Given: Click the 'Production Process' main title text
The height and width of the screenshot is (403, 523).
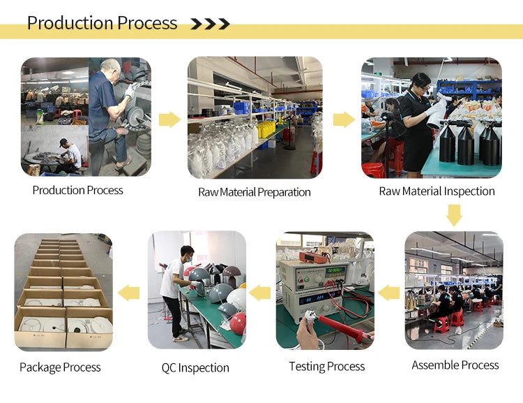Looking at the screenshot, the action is [102, 23].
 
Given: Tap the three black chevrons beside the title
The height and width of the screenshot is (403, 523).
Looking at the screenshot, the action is [210, 24].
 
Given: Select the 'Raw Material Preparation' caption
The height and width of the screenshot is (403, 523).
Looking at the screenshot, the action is [254, 192].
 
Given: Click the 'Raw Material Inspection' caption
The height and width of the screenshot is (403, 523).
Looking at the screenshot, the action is [437, 191].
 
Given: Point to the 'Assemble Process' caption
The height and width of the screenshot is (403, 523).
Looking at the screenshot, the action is [455, 365].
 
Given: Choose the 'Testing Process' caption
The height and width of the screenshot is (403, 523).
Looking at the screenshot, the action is [326, 366].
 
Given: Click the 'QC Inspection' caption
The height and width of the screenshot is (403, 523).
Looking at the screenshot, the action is [195, 367].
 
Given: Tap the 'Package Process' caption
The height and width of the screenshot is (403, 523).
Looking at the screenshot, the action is [60, 367].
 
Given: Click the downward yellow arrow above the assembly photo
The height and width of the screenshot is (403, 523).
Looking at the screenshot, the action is [454, 215].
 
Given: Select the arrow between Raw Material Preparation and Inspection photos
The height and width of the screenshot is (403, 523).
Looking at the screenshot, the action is [344, 120].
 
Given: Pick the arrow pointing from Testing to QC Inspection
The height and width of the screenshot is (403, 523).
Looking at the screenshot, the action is [259, 293].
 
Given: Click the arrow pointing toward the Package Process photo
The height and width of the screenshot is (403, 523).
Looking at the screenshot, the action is [129, 293].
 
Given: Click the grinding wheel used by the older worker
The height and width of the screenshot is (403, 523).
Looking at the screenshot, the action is [135, 116].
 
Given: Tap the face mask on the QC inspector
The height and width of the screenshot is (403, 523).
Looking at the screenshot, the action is [189, 258].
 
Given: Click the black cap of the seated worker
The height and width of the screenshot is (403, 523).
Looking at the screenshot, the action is [63, 142].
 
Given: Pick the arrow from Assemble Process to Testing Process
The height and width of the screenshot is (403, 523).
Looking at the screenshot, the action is [388, 293].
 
